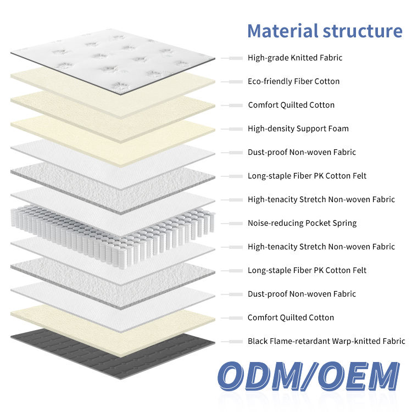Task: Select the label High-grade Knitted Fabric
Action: (295, 58)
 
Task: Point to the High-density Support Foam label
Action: (298, 129)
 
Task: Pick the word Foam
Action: (338, 129)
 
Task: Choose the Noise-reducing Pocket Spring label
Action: (302, 223)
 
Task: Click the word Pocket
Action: (318, 223)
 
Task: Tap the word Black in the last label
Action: (258, 341)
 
